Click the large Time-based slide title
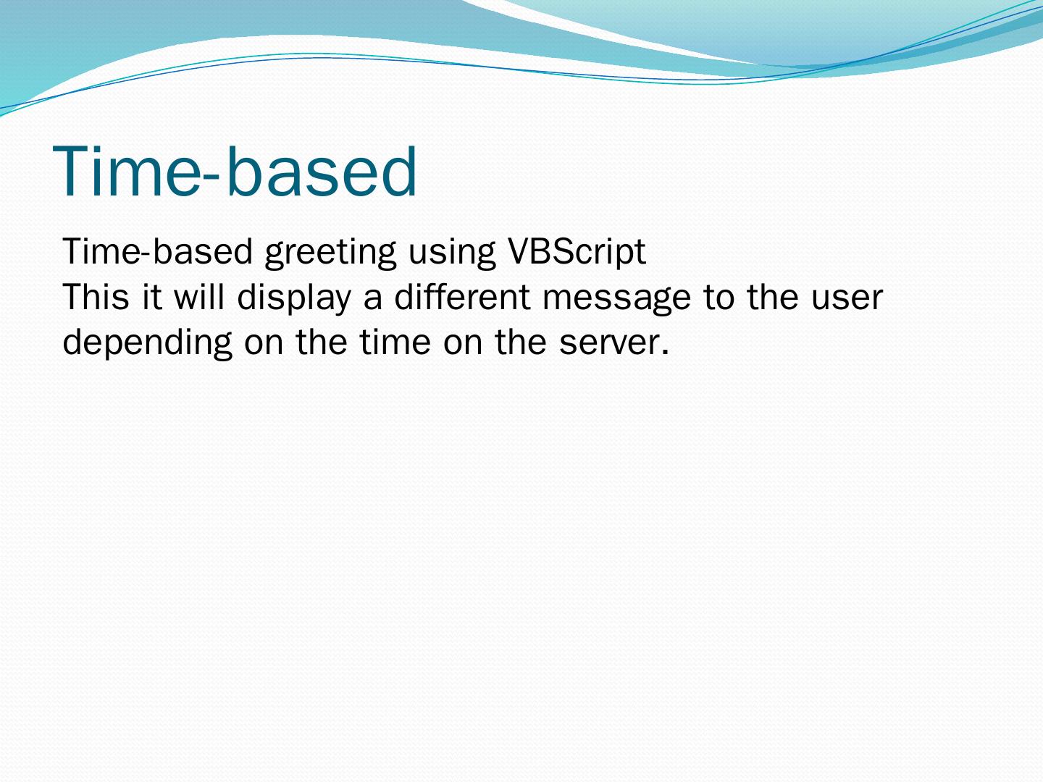coord(235,171)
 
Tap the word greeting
coord(330,253)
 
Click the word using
coord(452,253)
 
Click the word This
coord(96,297)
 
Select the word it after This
coord(152,297)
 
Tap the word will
coord(198,296)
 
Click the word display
coord(293,299)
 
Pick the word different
coord(462,296)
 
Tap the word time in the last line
coord(395,342)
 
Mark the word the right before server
coord(520,342)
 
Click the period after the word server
coord(665,353)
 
